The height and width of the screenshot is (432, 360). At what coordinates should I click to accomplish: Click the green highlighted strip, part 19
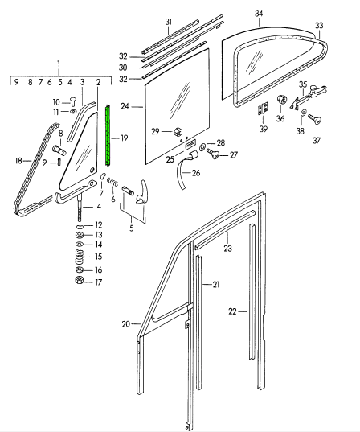click(108, 135)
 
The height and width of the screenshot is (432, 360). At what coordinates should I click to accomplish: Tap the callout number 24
click(125, 106)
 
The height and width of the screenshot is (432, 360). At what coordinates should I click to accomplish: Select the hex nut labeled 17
click(79, 280)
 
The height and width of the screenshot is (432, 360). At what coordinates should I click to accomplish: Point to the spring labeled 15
click(79, 257)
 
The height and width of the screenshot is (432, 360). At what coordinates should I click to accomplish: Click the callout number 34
click(259, 14)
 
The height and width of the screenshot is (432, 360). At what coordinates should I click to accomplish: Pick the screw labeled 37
click(314, 119)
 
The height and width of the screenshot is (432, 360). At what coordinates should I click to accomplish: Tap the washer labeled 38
click(303, 113)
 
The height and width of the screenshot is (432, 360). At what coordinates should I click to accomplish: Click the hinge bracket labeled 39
click(263, 109)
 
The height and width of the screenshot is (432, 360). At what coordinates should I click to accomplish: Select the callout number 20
click(126, 324)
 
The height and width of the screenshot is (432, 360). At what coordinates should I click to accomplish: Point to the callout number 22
click(232, 311)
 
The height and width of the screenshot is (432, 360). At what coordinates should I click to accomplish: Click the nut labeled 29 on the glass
click(178, 132)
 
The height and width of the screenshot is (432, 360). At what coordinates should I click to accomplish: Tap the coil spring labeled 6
click(112, 182)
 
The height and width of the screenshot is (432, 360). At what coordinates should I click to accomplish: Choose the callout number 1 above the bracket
click(59, 64)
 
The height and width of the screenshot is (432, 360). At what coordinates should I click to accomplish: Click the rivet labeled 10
click(73, 101)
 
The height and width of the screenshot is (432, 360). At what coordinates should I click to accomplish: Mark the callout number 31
click(169, 22)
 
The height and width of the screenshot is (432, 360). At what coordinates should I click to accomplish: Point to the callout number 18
click(18, 161)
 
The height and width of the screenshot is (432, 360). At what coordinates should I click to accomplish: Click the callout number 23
click(228, 249)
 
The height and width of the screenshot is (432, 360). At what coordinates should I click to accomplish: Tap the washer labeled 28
click(201, 147)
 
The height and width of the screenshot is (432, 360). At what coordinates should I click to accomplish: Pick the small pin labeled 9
click(59, 162)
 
